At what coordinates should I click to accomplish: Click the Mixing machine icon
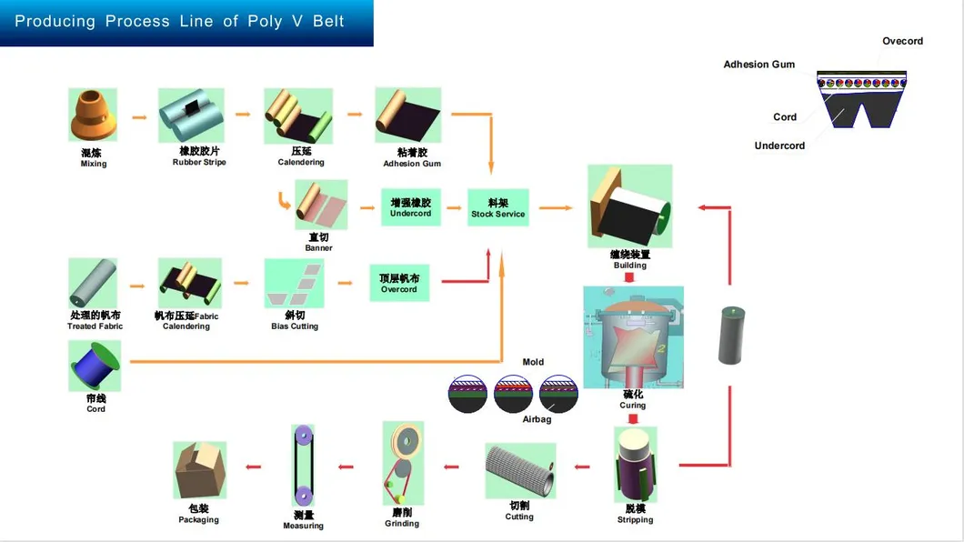[x=94, y=115]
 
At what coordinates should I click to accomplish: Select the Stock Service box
[x=497, y=208]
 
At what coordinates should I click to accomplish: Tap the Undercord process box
[x=410, y=208]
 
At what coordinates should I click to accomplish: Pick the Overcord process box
[x=399, y=284]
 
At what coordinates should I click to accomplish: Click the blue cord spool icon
[x=94, y=366]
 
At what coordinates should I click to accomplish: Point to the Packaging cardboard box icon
[x=199, y=469]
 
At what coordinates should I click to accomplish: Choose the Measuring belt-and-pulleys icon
[x=303, y=467]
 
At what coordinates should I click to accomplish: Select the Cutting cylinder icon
[x=519, y=470]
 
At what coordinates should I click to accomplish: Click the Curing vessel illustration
[x=633, y=337]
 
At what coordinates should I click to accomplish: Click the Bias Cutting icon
[x=294, y=284]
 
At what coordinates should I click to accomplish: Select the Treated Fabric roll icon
[x=94, y=283]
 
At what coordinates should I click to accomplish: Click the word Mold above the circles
[x=533, y=362]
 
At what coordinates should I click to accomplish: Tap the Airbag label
[x=537, y=419]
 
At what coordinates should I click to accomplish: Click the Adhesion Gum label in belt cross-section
[x=758, y=65]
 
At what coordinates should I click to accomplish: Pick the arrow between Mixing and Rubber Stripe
[x=139, y=116]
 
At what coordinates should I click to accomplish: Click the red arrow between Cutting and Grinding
[x=451, y=467]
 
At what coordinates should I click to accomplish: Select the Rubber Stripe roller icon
[x=191, y=115]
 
